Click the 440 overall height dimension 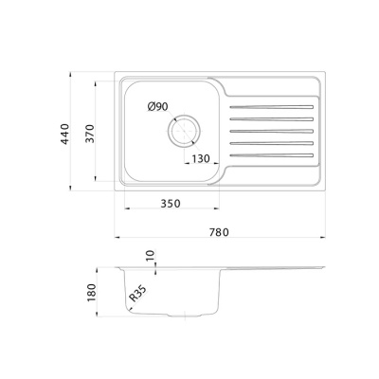(64, 134)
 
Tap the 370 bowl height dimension (90, 134)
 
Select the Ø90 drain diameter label (157, 107)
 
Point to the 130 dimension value (201, 158)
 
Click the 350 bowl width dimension (171, 204)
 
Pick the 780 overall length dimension (219, 232)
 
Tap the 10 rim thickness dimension (152, 255)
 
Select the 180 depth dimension (91, 292)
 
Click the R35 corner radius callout (137, 294)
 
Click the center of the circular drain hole (184, 131)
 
